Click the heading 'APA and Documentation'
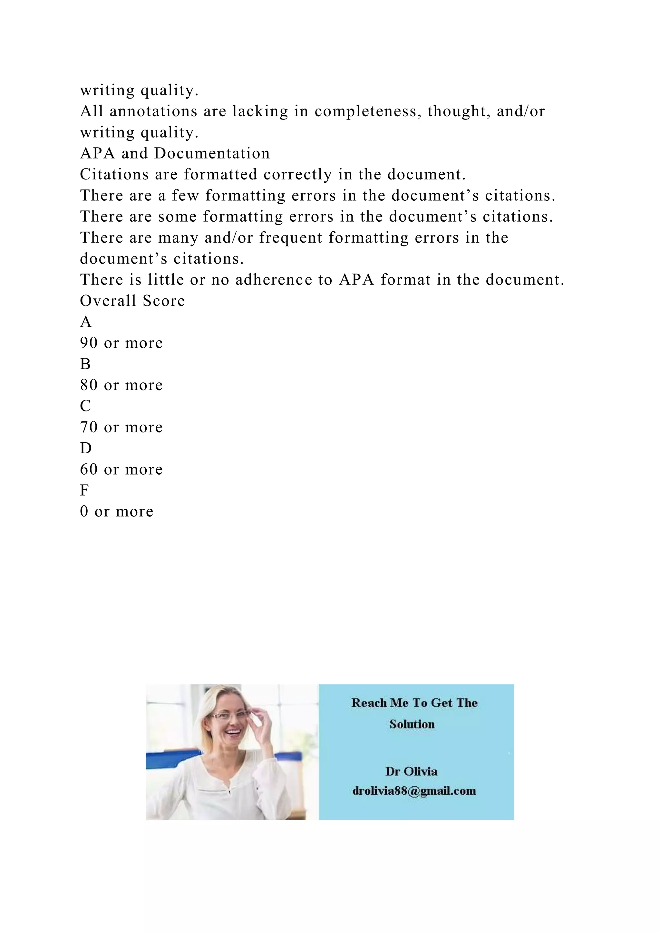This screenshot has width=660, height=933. coord(175,153)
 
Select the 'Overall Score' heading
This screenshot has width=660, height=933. coord(132,301)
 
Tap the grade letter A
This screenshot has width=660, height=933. coord(86,322)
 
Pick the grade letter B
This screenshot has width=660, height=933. coord(85,364)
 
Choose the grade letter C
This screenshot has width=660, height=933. coord(85,406)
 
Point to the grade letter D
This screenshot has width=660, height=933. coord(86,448)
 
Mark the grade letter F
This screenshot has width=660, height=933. coord(84,490)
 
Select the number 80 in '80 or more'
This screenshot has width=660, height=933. coord(89,385)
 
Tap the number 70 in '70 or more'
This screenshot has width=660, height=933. coord(89,427)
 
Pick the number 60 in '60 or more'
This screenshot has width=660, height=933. coord(89,469)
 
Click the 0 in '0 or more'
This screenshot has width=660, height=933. coord(84,511)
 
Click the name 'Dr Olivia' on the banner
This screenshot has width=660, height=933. coord(411,771)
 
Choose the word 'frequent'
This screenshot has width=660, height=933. coord(291,238)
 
